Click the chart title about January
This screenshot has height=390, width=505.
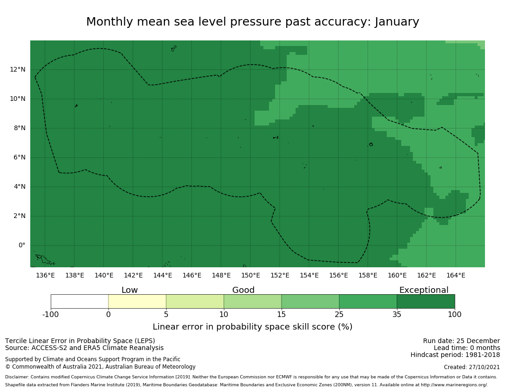tap(252, 22)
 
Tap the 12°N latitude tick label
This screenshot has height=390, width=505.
tap(18, 70)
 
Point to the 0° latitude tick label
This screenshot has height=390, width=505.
tap(21, 245)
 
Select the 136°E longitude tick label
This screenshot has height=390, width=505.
tap(45, 275)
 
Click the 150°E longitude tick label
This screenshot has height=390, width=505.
tap(250, 275)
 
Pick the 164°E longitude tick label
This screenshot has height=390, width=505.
tap(456, 275)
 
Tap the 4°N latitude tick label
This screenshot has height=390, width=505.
tap(20, 187)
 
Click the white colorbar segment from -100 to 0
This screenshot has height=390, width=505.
tap(80, 301)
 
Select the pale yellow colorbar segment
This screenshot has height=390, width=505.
tap(137, 301)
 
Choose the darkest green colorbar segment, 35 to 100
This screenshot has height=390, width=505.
tap(426, 301)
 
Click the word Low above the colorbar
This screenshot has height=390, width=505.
tap(129, 290)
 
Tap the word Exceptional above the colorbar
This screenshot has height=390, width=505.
tap(424, 290)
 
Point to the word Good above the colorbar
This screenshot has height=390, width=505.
tap(243, 290)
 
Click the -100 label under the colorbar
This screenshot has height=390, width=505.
tap(51, 314)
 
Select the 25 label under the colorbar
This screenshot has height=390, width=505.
tap(339, 314)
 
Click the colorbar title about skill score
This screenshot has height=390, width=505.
tap(252, 327)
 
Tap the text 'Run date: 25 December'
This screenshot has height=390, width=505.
tap(461, 341)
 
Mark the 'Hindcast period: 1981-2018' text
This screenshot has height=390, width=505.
tap(455, 355)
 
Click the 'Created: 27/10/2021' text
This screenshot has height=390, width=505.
tap(472, 367)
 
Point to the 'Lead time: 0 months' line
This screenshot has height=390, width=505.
tap(467, 348)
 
